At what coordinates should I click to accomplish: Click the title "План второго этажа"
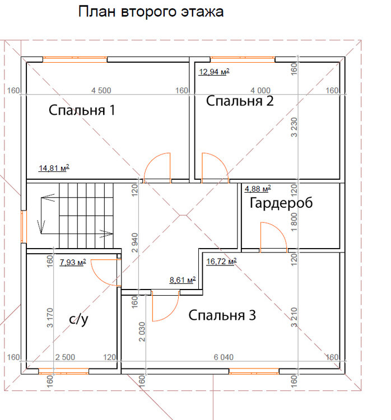pyautogui.click(x=151, y=12)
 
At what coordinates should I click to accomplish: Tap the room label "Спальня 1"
pyautogui.click(x=82, y=110)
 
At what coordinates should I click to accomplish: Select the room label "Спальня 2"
pyautogui.click(x=240, y=101)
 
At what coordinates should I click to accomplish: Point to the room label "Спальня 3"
pyautogui.click(x=222, y=315)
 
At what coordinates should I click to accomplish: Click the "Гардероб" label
pyautogui.click(x=281, y=203)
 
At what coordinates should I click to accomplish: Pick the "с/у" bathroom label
pyautogui.click(x=78, y=319)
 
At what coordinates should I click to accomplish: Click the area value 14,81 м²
pyautogui.click(x=54, y=168)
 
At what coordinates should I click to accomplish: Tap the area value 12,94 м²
pyautogui.click(x=214, y=72)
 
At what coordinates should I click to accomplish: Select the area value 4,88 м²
pyautogui.click(x=257, y=189)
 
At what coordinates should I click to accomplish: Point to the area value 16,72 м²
pyautogui.click(x=221, y=261)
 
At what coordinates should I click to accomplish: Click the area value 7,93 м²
pyautogui.click(x=73, y=262)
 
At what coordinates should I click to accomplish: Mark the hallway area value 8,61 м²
pyautogui.click(x=182, y=280)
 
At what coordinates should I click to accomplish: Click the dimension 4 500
pyautogui.click(x=101, y=91)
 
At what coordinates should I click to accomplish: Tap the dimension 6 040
pyautogui.click(x=224, y=357)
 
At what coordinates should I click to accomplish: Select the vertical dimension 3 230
pyautogui.click(x=294, y=127)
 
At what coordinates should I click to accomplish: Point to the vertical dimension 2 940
pyautogui.click(x=135, y=242)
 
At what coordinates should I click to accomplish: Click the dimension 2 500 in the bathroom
pyautogui.click(x=65, y=357)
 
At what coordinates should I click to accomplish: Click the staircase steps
pyautogui.click(x=86, y=216)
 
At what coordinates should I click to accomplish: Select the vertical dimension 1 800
pyautogui.click(x=294, y=222)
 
